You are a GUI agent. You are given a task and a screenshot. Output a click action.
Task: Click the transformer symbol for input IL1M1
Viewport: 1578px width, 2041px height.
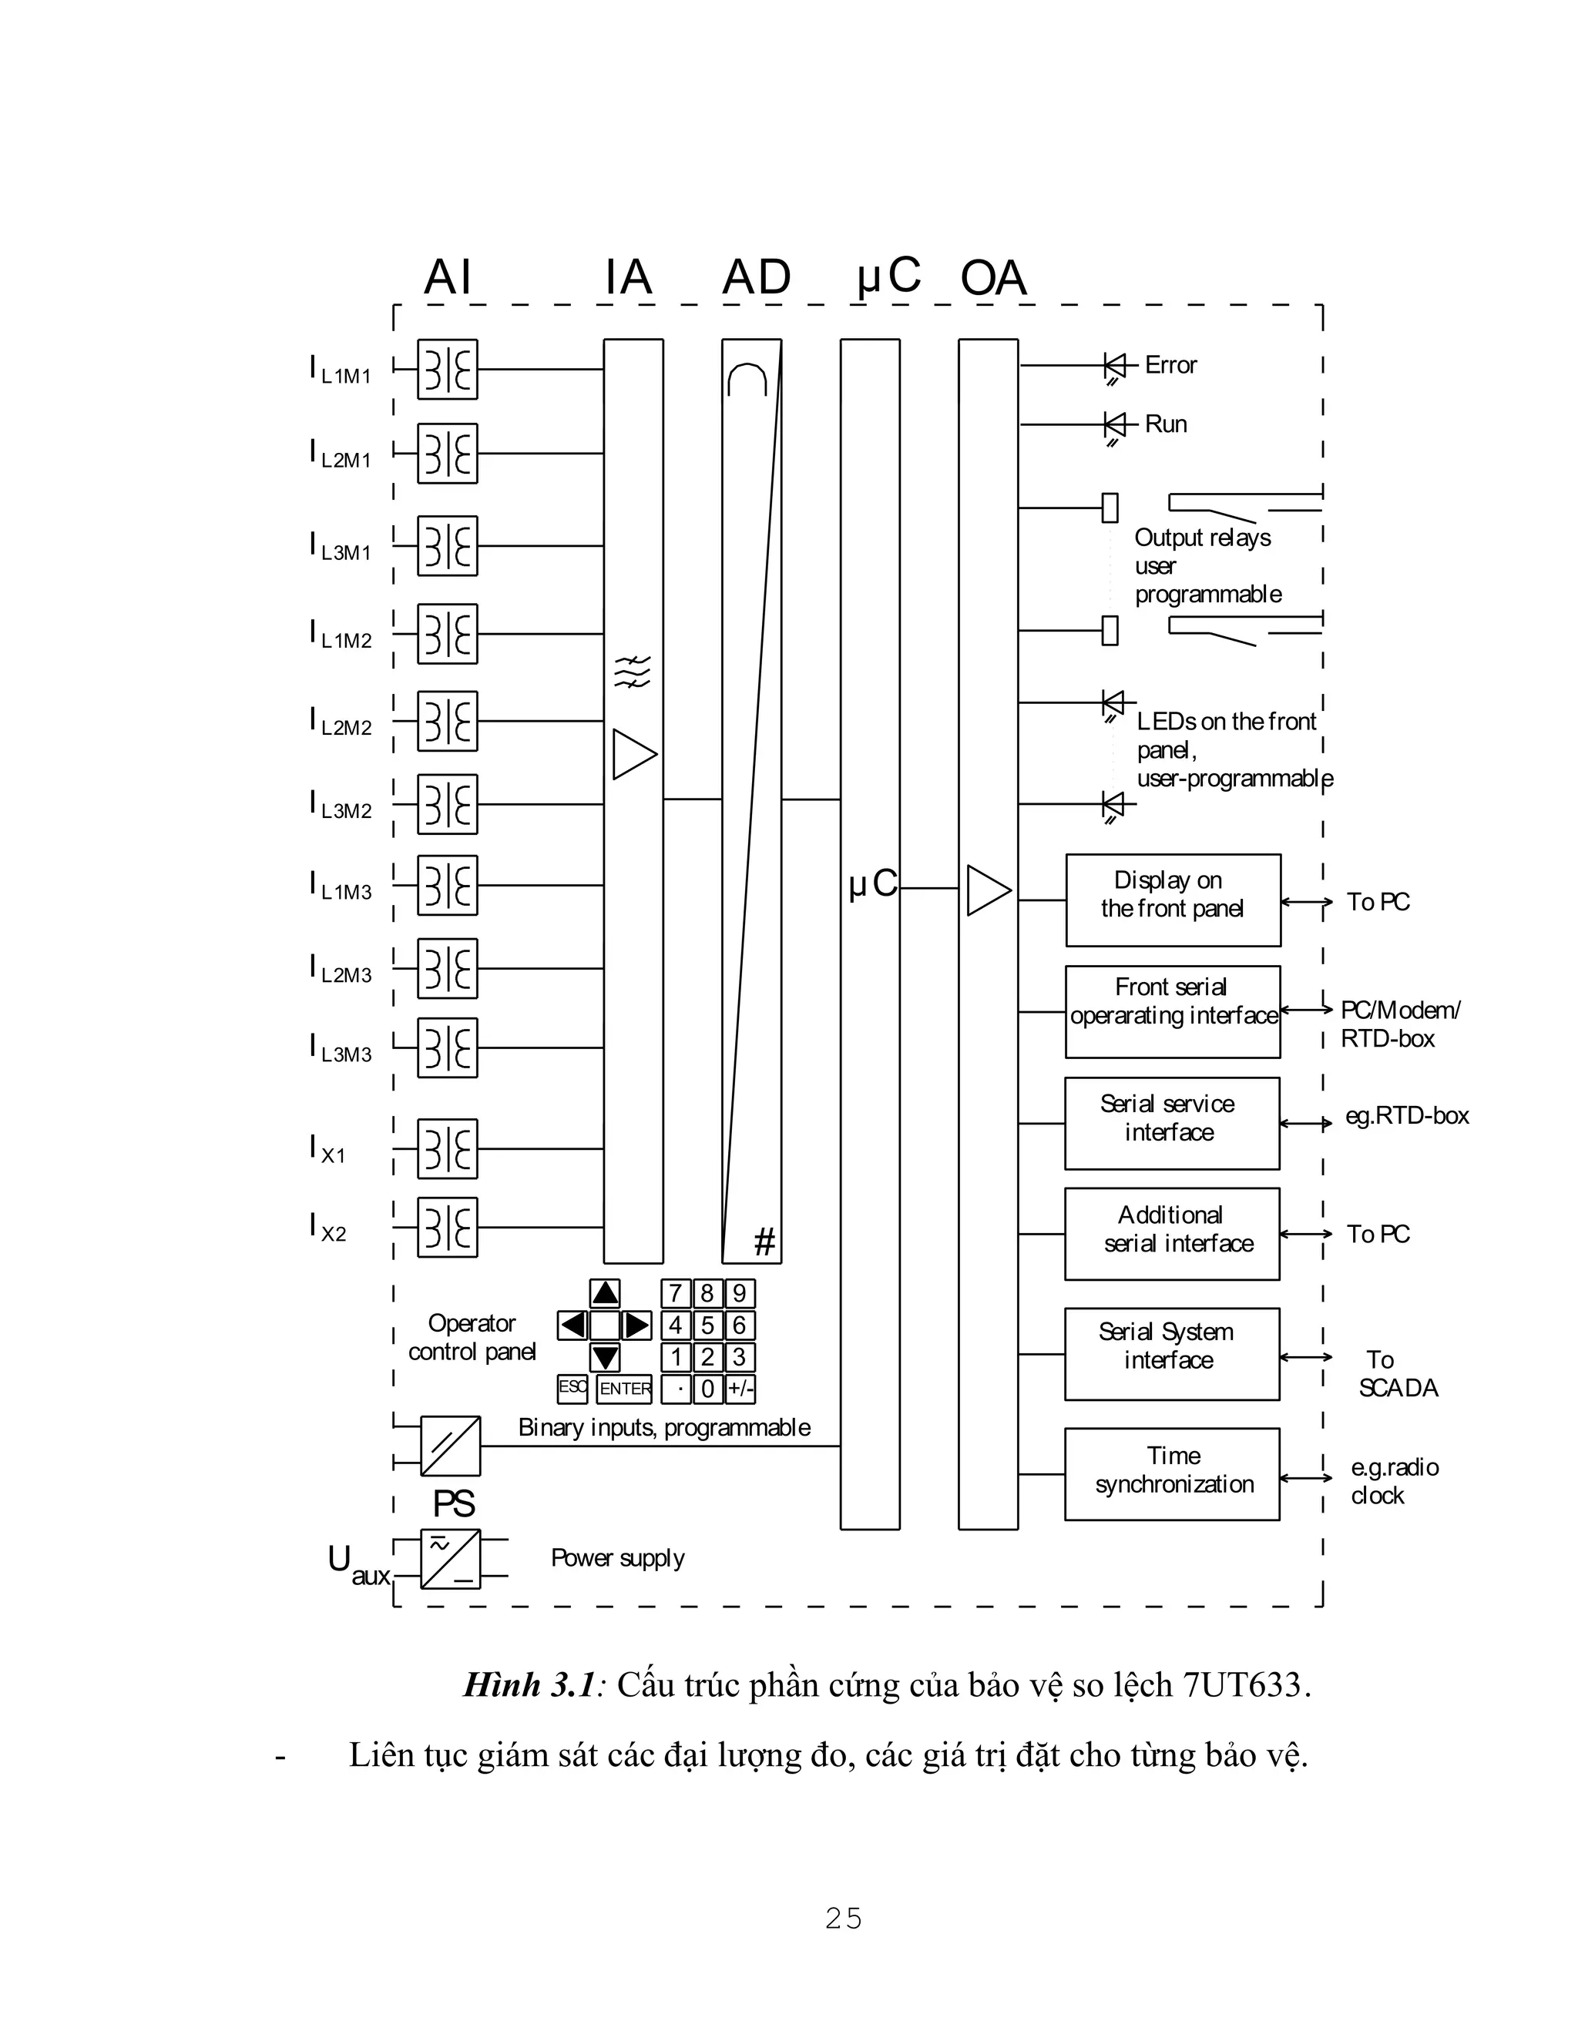click(447, 369)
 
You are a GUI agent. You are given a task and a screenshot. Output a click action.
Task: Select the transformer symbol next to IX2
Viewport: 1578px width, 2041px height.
click(447, 1227)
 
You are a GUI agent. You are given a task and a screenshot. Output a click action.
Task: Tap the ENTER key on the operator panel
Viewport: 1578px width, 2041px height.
click(624, 1389)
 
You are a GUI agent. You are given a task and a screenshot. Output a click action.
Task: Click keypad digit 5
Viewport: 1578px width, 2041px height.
click(707, 1325)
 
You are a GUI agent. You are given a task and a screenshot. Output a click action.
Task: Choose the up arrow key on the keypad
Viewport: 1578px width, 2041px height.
click(605, 1293)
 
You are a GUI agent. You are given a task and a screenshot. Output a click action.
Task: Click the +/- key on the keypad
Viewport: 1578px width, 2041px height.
click(740, 1389)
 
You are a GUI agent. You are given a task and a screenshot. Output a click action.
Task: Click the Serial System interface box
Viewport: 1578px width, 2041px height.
click(1171, 1353)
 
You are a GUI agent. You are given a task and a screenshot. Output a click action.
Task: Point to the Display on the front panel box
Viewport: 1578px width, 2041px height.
click(1172, 900)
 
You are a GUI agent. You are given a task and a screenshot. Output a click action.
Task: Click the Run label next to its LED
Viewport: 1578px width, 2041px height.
click(1166, 424)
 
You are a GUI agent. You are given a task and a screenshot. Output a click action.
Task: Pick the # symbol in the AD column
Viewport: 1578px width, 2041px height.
click(764, 1243)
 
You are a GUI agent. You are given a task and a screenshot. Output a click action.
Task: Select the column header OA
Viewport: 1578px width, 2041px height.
click(992, 279)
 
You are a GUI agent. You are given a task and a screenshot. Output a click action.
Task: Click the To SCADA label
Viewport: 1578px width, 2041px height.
click(1397, 1374)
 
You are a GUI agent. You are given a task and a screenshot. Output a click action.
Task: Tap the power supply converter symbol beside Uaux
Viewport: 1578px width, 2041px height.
click(450, 1559)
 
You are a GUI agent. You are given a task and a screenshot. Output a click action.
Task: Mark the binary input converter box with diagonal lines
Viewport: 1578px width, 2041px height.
click(450, 1446)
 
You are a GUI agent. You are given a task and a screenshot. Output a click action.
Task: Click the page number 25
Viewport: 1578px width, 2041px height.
click(843, 1919)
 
